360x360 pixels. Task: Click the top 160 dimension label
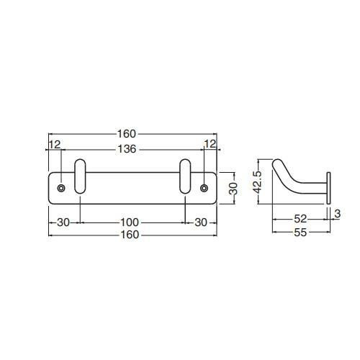pyautogui.click(x=127, y=134)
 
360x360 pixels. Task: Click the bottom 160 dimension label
pyautogui.click(x=130, y=235)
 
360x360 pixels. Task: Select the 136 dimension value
pyautogui.click(x=127, y=149)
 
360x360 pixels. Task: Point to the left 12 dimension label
pyautogui.click(x=55, y=145)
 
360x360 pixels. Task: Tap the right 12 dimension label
pyautogui.click(x=210, y=144)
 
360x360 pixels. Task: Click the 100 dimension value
pyautogui.click(x=130, y=222)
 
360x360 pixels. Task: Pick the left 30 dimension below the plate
pyautogui.click(x=63, y=222)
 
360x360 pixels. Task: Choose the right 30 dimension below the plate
pyautogui.click(x=201, y=222)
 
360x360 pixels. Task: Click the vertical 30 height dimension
pyautogui.click(x=233, y=189)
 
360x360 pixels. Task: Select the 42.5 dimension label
pyautogui.click(x=258, y=182)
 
